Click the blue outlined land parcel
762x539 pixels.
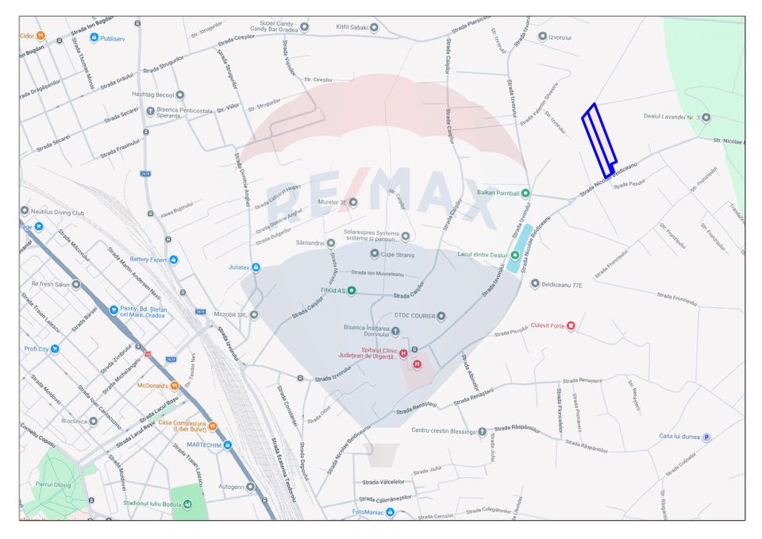click(599, 141)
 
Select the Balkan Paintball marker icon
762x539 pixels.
click(525, 193)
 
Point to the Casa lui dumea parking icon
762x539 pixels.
click(706, 437)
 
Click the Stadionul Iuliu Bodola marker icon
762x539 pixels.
click(187, 504)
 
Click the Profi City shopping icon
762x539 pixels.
click(54, 348)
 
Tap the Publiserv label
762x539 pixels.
click(114, 38)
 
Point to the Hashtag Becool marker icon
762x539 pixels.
click(180, 94)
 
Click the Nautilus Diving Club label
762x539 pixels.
click(57, 212)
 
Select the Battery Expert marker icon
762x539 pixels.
click(174, 260)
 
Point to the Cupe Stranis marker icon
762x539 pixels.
click(375, 254)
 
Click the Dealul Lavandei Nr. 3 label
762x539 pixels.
click(671, 117)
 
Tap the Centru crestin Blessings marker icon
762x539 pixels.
click(482, 432)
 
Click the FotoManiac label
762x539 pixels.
click(368, 512)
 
